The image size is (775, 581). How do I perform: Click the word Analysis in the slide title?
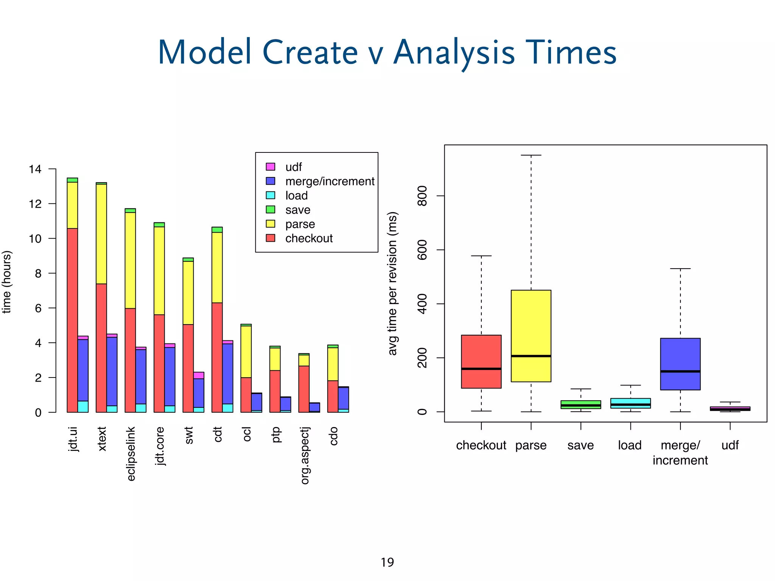coord(454,53)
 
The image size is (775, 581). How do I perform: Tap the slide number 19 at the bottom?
coord(387,562)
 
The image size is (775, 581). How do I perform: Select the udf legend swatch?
coord(271,167)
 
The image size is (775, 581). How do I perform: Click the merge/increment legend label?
coord(330,182)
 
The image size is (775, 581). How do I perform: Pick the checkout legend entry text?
coord(309,238)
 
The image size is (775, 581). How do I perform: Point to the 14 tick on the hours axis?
coord(35,169)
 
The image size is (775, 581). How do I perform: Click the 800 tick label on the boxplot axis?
coord(422,196)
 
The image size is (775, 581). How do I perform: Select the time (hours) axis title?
coord(7,282)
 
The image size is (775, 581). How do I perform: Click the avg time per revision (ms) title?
coord(392,284)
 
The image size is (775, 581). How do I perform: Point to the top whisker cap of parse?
coord(531,155)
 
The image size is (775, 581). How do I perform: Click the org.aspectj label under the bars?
coord(305,455)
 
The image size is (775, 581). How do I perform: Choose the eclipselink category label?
coord(131,454)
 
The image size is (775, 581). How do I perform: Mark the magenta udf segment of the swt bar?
coord(199,375)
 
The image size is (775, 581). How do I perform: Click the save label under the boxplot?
coord(580,445)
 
